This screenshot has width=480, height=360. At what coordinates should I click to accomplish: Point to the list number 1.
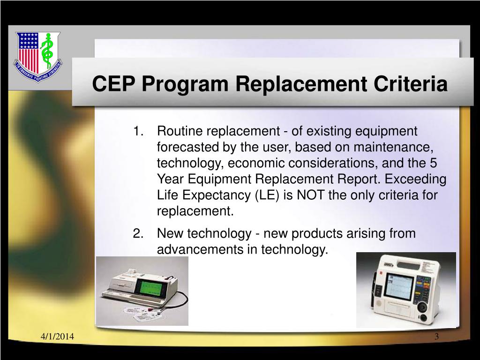click(x=138, y=130)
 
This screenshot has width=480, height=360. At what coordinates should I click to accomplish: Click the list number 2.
click(x=138, y=233)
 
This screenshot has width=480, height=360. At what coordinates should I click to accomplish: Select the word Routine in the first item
click(x=180, y=130)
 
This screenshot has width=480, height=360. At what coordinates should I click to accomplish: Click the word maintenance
click(x=393, y=147)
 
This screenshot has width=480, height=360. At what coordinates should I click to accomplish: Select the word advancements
click(x=200, y=250)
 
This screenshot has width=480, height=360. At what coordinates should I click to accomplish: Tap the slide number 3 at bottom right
click(x=436, y=337)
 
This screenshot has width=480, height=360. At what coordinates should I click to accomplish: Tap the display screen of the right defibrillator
click(x=398, y=286)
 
